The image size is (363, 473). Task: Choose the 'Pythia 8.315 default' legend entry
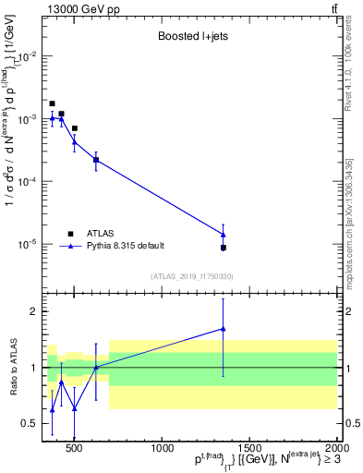coord(126,246)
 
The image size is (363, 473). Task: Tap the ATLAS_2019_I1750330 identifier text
coord(192,276)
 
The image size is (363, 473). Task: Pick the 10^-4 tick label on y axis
coord(27,182)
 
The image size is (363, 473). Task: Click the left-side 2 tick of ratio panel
coord(33,311)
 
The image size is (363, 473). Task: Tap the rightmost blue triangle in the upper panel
coord(223,234)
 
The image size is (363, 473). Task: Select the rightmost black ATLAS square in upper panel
coord(223,248)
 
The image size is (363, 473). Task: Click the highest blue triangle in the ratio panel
coord(223,328)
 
